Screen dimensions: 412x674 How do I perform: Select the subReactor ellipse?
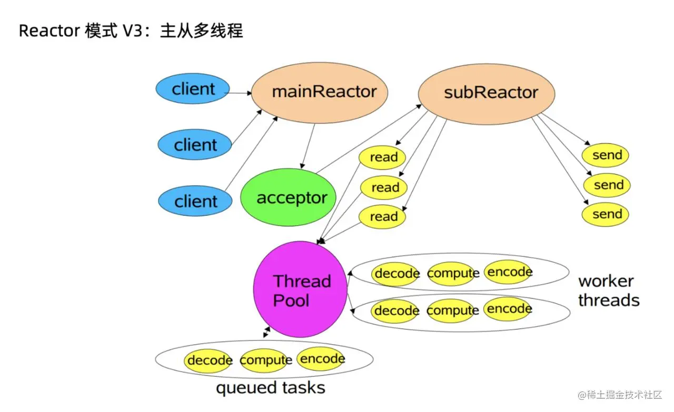(x=486, y=94)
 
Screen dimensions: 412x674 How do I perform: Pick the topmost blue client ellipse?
(x=193, y=89)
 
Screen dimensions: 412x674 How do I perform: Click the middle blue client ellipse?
(x=195, y=144)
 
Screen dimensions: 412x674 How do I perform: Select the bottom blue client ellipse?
(x=195, y=201)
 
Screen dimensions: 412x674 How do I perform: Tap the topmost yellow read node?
(x=382, y=157)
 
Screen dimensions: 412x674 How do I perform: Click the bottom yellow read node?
(x=383, y=216)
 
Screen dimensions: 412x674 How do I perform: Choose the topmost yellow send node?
(x=606, y=155)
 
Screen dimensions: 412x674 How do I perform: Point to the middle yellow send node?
(x=607, y=185)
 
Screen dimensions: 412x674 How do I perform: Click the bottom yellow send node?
(x=606, y=214)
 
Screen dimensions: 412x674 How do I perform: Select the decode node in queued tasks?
(x=209, y=360)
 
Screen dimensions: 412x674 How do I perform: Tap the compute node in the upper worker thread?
(x=452, y=274)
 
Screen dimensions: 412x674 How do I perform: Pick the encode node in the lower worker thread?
(x=508, y=309)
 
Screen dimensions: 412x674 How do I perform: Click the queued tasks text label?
(x=270, y=388)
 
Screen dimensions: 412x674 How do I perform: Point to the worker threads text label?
(x=608, y=290)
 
